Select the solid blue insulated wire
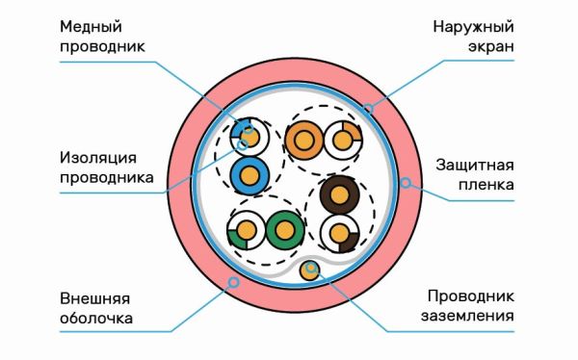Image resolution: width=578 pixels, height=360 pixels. coord(251,176)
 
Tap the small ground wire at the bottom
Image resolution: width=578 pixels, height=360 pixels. coord(310,270)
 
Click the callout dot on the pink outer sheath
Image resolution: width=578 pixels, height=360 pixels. coord(231,281)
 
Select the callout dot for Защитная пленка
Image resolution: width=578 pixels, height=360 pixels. coord(406,181)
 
